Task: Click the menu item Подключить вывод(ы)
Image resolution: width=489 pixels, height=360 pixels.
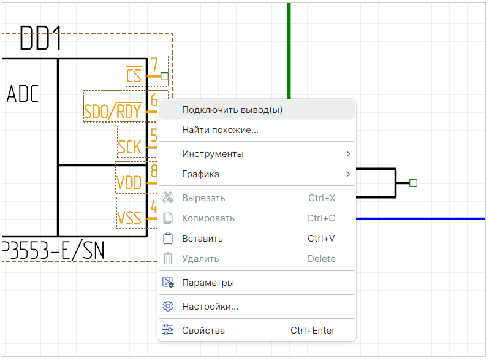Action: click(x=232, y=110)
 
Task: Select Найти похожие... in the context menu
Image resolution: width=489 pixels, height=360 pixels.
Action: click(x=220, y=130)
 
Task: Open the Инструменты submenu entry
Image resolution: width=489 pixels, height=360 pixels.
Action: click(x=213, y=153)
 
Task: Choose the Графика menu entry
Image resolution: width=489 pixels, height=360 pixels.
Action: click(x=200, y=174)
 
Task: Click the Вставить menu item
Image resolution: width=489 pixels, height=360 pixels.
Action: click(x=202, y=239)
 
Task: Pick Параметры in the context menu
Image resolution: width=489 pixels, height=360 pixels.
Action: click(x=208, y=283)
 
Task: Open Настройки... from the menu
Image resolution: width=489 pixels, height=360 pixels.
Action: click(x=210, y=307)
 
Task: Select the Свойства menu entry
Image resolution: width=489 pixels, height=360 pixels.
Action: click(x=203, y=331)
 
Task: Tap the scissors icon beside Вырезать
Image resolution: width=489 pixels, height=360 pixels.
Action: click(x=168, y=198)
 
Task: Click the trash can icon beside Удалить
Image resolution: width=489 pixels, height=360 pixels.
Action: click(x=168, y=259)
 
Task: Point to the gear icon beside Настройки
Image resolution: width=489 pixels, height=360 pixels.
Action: click(x=168, y=307)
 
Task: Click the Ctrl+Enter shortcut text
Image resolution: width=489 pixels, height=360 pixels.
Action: click(x=313, y=331)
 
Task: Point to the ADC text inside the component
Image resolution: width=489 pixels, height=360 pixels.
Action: click(x=23, y=95)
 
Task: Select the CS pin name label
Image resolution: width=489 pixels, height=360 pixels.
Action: click(x=134, y=76)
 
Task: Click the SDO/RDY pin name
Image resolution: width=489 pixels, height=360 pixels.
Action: click(x=113, y=112)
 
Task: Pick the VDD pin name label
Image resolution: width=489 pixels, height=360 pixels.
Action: click(x=129, y=183)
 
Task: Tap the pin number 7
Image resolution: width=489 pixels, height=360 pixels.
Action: click(x=154, y=64)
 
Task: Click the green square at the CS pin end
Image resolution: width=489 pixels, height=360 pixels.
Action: click(x=164, y=76)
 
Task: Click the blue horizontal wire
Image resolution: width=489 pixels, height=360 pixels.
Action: click(x=423, y=218)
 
